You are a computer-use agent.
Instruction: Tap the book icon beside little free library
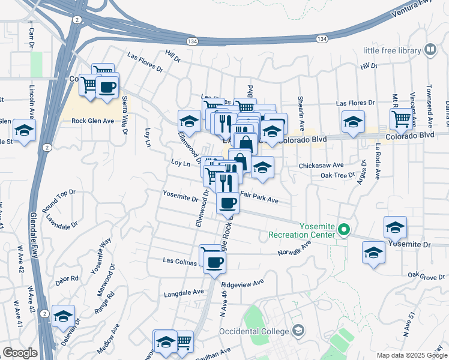point(430,50)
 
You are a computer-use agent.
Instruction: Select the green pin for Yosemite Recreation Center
point(344,229)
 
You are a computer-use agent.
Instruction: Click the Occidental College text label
point(255,331)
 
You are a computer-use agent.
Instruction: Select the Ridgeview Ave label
point(243,282)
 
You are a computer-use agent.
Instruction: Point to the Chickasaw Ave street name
point(321,165)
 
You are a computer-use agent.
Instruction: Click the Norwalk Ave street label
point(295,248)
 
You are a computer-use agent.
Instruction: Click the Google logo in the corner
point(20,353)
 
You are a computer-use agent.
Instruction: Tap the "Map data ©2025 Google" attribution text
point(411,355)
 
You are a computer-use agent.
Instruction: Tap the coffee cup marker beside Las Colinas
point(214,261)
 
